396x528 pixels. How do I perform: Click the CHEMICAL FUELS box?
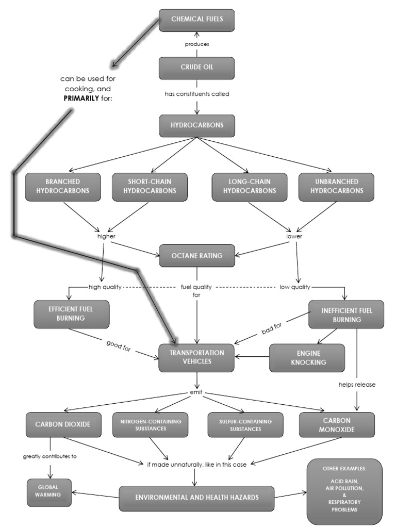point(196,20)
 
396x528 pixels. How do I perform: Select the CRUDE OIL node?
point(196,68)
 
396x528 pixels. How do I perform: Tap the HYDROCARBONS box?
point(196,126)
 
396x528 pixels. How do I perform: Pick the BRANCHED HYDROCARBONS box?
point(63,187)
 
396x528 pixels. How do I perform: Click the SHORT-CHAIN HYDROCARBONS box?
point(150,187)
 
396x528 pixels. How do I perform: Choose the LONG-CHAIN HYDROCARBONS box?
point(250,187)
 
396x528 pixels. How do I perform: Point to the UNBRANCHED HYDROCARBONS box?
point(336,187)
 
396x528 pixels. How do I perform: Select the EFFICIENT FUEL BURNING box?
point(71,314)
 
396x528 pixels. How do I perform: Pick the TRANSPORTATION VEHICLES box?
point(196,357)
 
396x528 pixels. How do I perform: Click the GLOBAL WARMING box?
point(49,492)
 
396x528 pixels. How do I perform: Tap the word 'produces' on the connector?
point(197,44)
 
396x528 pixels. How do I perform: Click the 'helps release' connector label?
point(357,384)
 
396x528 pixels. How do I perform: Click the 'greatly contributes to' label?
point(50,456)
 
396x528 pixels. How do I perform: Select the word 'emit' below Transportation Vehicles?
point(196,393)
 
